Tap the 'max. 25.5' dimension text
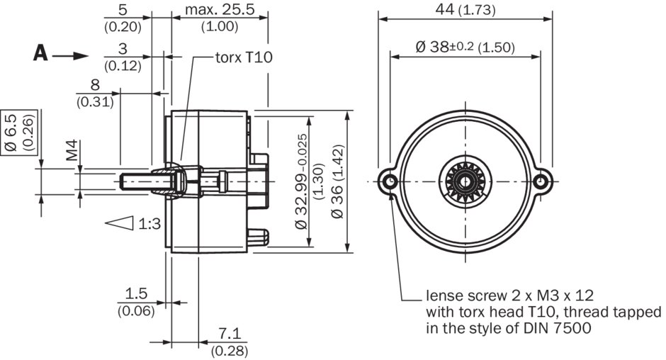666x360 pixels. tap(220, 10)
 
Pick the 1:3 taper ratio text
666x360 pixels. tap(149, 224)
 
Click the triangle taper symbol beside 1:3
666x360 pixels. tap(120, 223)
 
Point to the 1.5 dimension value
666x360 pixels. tap(135, 293)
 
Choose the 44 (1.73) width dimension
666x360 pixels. tap(465, 10)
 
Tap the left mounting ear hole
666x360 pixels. tap(389, 181)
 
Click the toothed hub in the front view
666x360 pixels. tap(465, 181)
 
